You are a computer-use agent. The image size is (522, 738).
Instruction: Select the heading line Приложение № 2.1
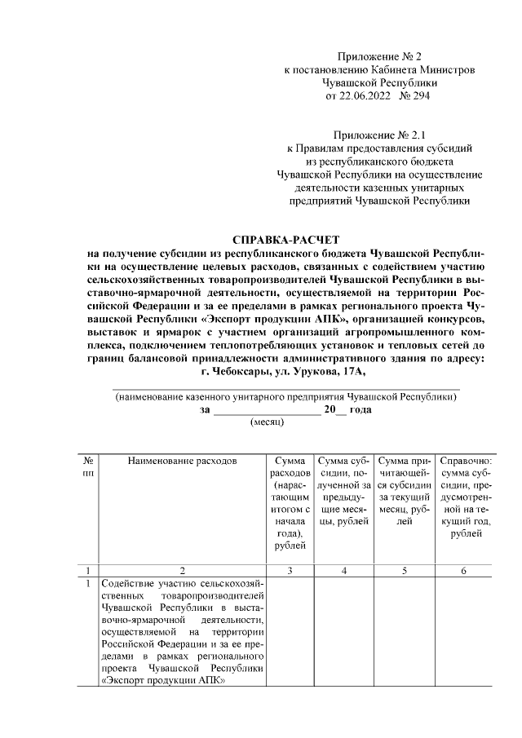pyautogui.click(x=380, y=135)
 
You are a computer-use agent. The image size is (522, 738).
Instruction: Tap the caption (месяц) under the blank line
pyautogui.click(x=266, y=423)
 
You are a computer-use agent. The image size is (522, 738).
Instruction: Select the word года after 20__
pyautogui.click(x=359, y=410)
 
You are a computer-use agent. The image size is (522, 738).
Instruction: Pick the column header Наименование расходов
pyautogui.click(x=182, y=461)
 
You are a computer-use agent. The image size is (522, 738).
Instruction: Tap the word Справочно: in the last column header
pyautogui.click(x=462, y=461)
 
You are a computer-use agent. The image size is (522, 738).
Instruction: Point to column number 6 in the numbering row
pyautogui.click(x=462, y=571)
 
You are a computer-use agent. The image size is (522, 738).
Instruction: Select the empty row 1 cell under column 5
pyautogui.click(x=405, y=633)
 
